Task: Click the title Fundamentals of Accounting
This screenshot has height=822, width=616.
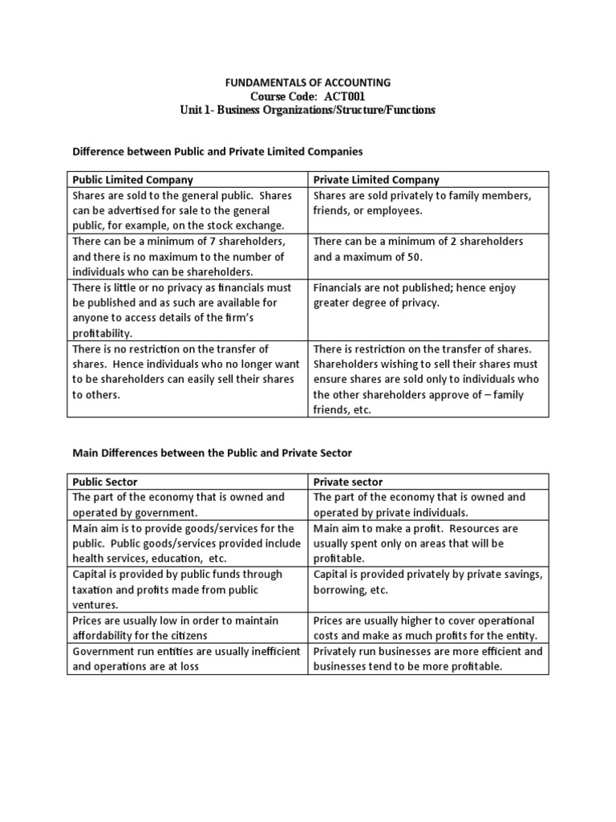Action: [x=307, y=82]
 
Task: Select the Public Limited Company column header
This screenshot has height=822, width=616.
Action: [x=133, y=180]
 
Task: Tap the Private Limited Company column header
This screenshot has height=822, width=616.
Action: [x=376, y=180]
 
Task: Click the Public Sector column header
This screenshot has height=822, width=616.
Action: [x=105, y=482]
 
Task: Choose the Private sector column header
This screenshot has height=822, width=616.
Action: [x=348, y=482]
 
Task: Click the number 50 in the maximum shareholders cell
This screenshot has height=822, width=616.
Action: [x=411, y=257]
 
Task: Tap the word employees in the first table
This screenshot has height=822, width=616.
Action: [x=394, y=210]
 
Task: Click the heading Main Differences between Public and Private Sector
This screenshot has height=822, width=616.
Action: [x=212, y=454]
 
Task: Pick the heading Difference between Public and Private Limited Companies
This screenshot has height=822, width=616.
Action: [x=217, y=151]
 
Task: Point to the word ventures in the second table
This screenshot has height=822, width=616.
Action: [x=95, y=604]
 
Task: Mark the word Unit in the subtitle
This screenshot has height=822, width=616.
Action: [x=192, y=110]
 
